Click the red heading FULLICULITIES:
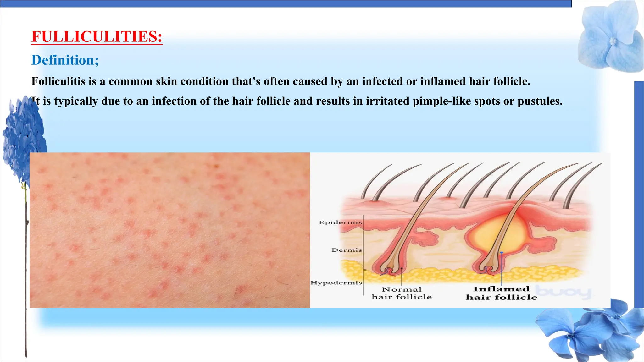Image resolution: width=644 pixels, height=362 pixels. tap(97, 36)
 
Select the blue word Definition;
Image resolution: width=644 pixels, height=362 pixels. tap(65, 60)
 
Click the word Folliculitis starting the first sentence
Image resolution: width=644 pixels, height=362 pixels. tap(58, 81)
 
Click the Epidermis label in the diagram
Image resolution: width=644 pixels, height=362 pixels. tap(340, 222)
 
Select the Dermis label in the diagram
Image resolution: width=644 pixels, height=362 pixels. tap(347, 250)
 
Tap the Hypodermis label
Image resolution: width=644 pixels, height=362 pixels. tap(336, 283)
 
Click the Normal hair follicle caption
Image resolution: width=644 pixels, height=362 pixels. tap(402, 293)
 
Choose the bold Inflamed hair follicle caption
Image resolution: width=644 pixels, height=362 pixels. tap(501, 293)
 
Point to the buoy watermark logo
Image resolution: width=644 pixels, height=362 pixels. tap(563, 292)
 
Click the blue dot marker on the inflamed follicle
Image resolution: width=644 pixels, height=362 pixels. tap(502, 253)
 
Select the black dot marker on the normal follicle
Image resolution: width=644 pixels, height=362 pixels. tap(402, 268)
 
